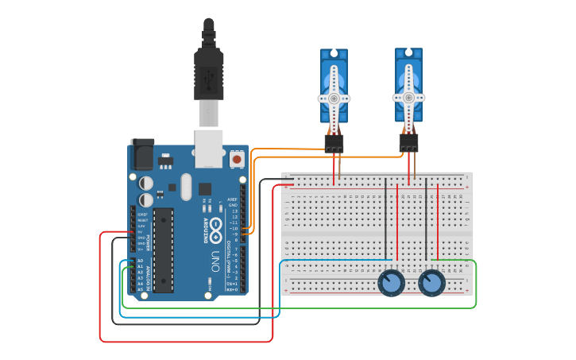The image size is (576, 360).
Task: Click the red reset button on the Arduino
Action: [x=236, y=160]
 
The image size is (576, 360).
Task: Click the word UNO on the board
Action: [x=214, y=262]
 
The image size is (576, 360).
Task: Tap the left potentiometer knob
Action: [x=391, y=283]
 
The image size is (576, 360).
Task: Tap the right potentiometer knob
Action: [x=431, y=283]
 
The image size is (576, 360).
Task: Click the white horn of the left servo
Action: [x=334, y=99]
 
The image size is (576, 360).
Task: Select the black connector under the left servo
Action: [x=334, y=144]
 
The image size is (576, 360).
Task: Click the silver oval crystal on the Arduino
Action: [x=186, y=188]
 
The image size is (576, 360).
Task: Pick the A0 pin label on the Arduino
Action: [x=140, y=260]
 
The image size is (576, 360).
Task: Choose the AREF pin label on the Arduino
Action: [x=232, y=199]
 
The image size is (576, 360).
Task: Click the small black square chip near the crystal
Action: [x=205, y=189]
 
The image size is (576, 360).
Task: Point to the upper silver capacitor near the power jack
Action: [x=146, y=182]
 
